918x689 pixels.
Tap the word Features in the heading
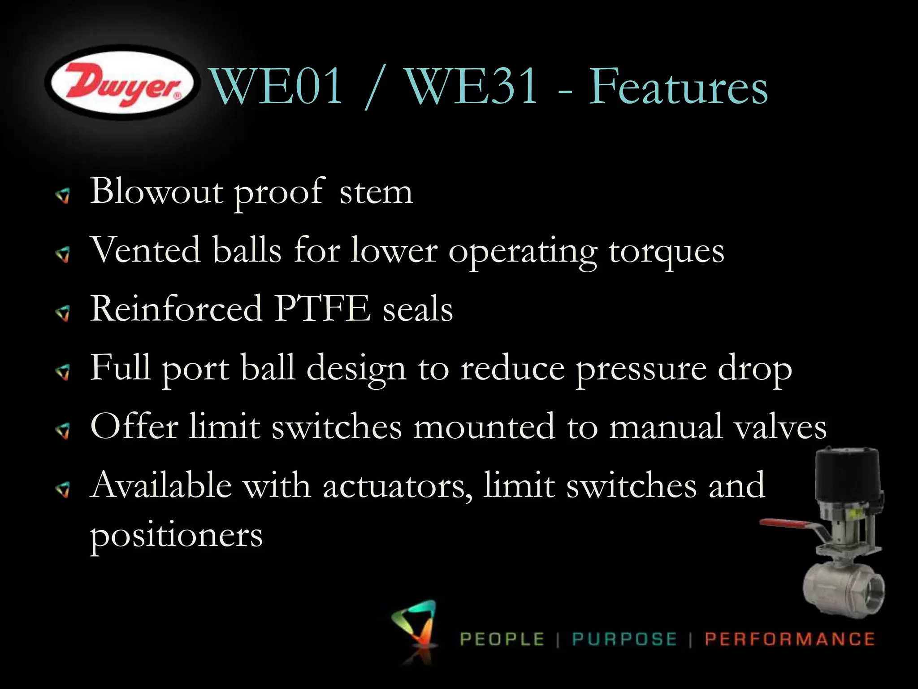[678, 87]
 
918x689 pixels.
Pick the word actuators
[397, 486]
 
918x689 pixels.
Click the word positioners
[176, 535]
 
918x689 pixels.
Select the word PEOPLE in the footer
[502, 639]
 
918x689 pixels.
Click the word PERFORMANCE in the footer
[789, 639]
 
